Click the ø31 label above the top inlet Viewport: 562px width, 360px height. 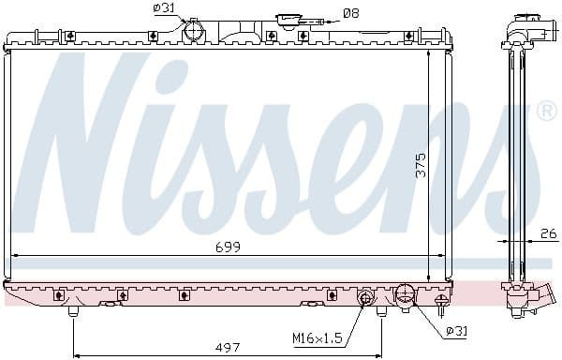163,9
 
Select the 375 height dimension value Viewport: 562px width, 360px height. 421,164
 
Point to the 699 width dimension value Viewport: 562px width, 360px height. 228,247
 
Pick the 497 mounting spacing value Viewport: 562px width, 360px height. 227,348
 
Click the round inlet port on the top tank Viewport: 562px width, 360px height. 194,32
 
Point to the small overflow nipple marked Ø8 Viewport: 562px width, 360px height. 318,21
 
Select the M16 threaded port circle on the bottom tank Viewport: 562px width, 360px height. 364,297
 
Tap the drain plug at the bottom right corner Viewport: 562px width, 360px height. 442,303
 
